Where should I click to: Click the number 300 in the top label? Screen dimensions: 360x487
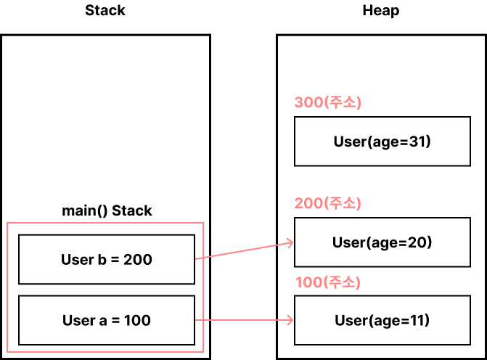(x=308, y=103)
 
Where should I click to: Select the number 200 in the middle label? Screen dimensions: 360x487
(x=308, y=203)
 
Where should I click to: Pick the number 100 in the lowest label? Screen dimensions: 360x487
(x=308, y=282)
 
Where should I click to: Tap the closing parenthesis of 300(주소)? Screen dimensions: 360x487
(x=359, y=103)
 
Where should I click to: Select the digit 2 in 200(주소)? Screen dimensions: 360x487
(x=298, y=203)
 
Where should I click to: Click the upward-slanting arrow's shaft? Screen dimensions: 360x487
(x=243, y=250)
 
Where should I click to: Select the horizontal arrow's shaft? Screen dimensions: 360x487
(x=243, y=319)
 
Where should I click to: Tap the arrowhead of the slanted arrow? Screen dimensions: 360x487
(x=291, y=242)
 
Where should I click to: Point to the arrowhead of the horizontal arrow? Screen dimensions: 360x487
(x=291, y=319)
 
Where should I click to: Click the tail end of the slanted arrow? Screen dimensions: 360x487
(x=196, y=258)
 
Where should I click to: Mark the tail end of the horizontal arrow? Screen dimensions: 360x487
(x=196, y=319)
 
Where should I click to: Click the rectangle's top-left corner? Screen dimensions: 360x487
(x=7, y=223)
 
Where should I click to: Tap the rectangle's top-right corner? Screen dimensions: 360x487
(x=203, y=223)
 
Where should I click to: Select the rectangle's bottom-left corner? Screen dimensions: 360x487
(x=7, y=352)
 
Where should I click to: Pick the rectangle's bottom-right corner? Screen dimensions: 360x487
(x=203, y=352)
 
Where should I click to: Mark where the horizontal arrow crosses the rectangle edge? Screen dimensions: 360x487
(x=203, y=319)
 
